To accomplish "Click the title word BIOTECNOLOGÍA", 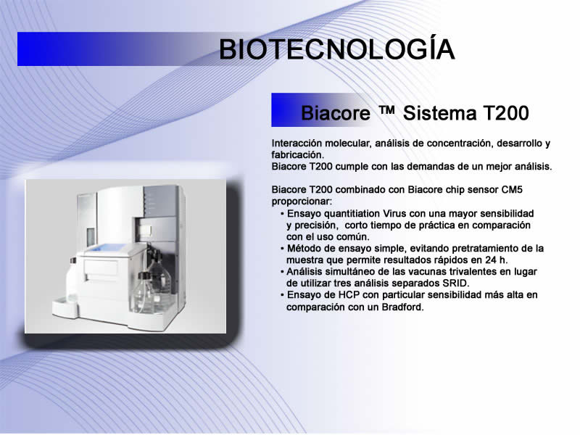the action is pyautogui.click(x=336, y=49).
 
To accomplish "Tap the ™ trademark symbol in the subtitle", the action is pyautogui.click(x=386, y=110).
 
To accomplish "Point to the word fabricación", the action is pyautogui.click(x=297, y=155).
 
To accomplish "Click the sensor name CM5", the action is pyautogui.click(x=512, y=190).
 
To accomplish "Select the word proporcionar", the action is pyautogui.click(x=302, y=202).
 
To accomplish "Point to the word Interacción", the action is pyautogui.click(x=297, y=144).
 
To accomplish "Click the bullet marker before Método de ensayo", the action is pyautogui.click(x=282, y=249).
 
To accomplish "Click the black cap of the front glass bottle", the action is pyautogui.click(x=144, y=275).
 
